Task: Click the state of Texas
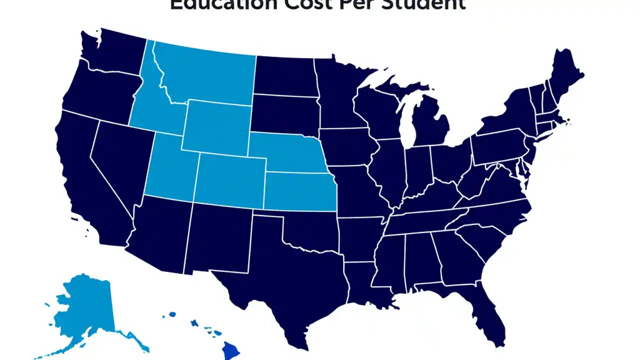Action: pos(280,280)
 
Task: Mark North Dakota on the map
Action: pos(285,75)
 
